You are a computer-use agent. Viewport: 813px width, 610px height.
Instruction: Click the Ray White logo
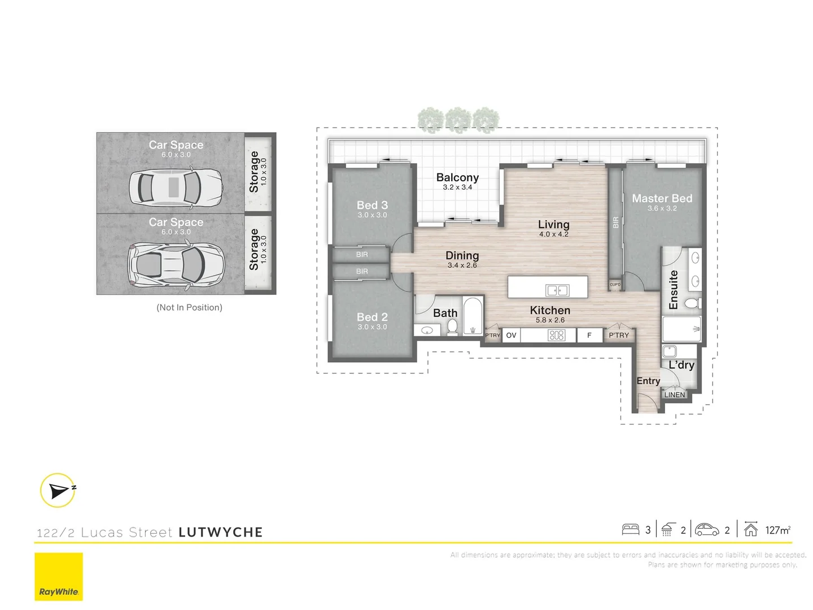coord(59,576)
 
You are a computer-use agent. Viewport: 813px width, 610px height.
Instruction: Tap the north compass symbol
coord(58,490)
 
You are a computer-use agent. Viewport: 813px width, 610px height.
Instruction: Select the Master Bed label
coord(662,199)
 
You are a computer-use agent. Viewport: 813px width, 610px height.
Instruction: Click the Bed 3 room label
coord(372,206)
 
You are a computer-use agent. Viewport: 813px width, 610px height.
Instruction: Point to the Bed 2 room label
coord(372,317)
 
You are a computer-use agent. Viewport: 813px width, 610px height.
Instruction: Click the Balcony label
coord(457,178)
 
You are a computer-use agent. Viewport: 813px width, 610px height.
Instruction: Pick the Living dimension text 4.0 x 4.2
coord(553,234)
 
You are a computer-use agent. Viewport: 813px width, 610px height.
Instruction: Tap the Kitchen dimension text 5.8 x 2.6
coord(550,320)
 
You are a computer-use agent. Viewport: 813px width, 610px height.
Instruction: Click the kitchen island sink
coord(557,290)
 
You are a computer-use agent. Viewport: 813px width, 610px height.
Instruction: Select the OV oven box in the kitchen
coord(511,335)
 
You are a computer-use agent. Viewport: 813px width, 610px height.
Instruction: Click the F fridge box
coord(589,335)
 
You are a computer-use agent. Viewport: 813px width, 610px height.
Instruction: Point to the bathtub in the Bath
coord(473,316)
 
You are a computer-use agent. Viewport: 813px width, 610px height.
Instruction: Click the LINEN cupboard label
coord(674,395)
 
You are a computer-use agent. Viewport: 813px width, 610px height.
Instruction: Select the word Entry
coord(648,381)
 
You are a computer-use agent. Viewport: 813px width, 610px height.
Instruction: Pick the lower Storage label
coord(255,249)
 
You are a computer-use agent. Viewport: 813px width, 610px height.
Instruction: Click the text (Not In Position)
coord(189,308)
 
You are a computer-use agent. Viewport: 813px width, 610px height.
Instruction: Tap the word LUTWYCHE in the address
coord(221,533)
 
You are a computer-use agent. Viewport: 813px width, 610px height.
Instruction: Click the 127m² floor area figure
coord(777,530)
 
